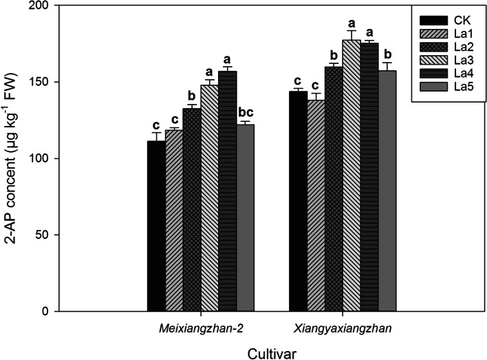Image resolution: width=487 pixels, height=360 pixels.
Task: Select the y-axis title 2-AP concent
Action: (13, 158)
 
